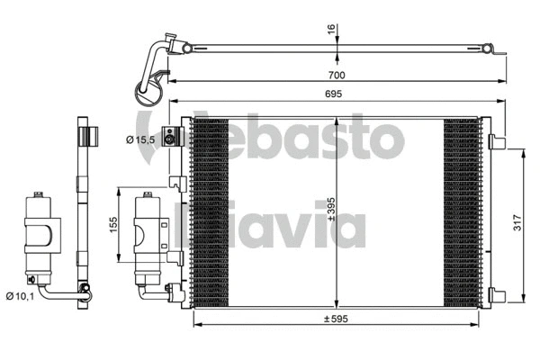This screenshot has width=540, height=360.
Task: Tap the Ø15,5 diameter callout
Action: coord(141,139)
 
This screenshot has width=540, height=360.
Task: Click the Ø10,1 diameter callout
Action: coord(20,295)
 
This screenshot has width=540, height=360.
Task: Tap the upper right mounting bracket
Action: coord(496,141)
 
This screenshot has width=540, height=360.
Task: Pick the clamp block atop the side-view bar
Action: coord(87,137)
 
